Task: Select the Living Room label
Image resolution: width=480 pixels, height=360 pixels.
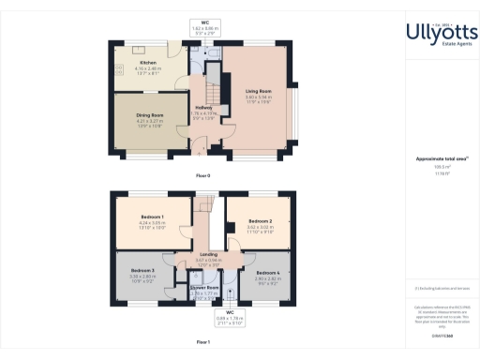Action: pos(257,91)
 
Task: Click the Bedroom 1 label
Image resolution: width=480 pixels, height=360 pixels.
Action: pos(151,215)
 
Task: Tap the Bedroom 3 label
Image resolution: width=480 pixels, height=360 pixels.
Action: pos(142,272)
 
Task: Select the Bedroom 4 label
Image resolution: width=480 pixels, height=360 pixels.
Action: pos(267,273)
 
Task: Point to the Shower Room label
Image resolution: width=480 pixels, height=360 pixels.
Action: pos(204,287)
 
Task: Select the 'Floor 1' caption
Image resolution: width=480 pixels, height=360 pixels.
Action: pos(202,343)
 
